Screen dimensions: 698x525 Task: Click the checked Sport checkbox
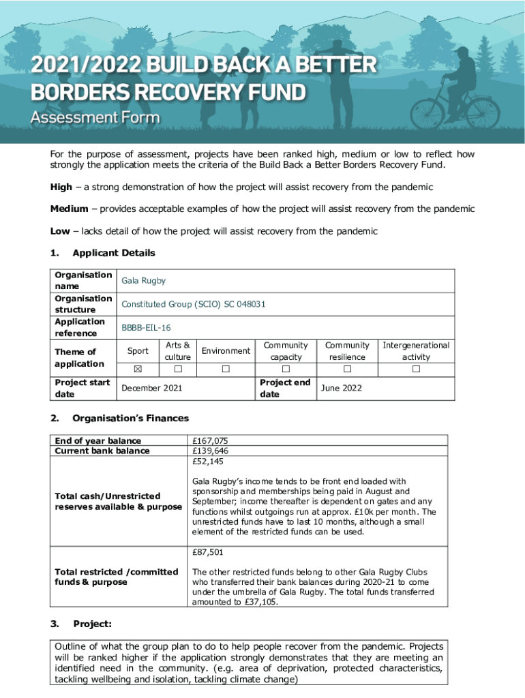(x=138, y=369)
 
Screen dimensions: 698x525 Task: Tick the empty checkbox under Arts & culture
(x=178, y=369)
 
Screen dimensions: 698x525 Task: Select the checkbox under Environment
(x=226, y=369)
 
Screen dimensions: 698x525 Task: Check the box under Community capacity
(x=286, y=369)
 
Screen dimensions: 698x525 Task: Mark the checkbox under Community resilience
(x=347, y=369)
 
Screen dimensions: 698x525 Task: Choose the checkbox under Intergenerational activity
(x=416, y=369)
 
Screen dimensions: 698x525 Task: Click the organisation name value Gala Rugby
(x=143, y=281)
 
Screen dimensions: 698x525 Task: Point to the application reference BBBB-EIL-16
(x=146, y=328)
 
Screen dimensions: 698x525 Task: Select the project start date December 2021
(x=151, y=389)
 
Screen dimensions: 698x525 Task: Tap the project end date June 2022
(x=342, y=389)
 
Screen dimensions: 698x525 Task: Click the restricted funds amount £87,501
(x=207, y=552)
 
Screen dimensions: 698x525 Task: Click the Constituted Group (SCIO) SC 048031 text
(x=193, y=304)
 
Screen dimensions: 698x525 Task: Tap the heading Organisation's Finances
(x=130, y=418)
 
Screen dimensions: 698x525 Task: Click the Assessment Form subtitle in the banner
(x=95, y=117)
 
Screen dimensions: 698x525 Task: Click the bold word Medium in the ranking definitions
(x=70, y=209)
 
